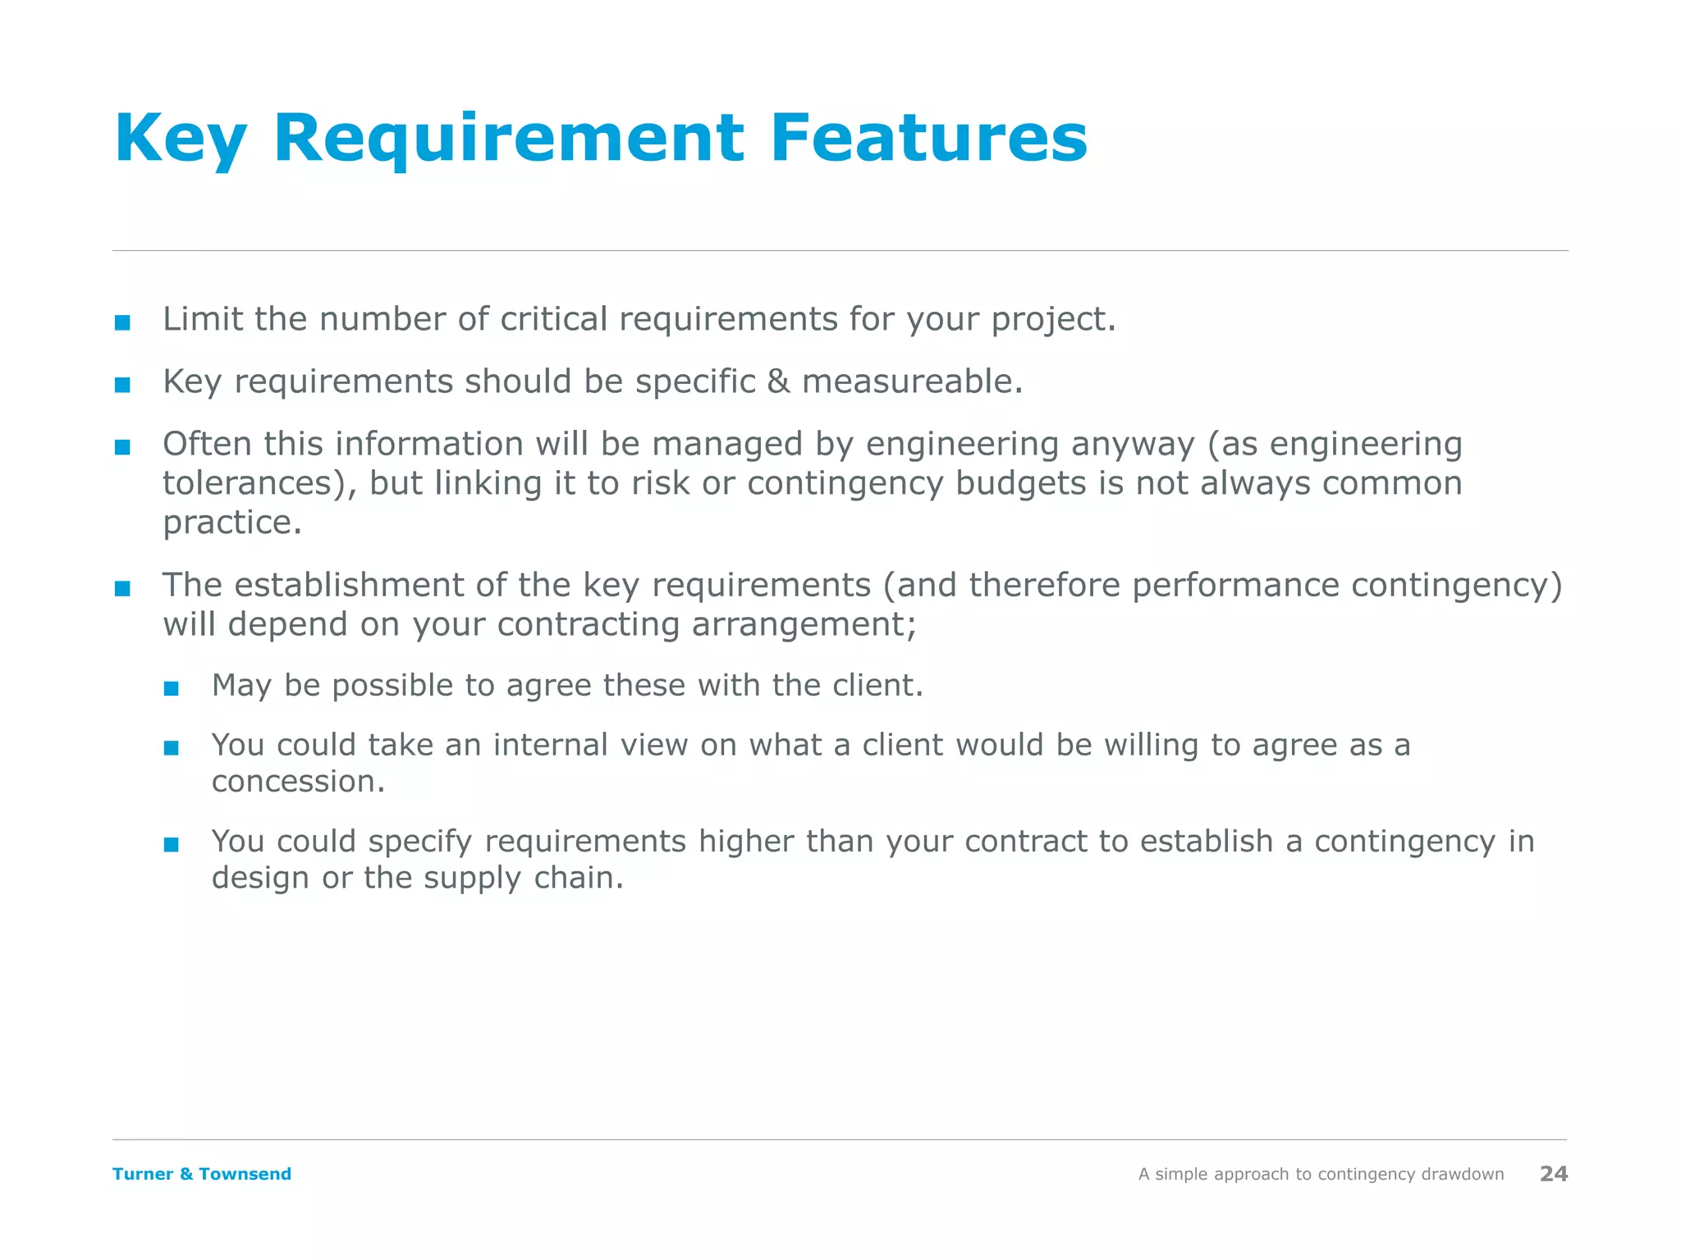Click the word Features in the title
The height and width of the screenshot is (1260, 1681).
(x=928, y=138)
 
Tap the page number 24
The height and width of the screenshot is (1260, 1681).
(x=1553, y=1174)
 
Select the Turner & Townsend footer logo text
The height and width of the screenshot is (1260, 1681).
(x=202, y=1174)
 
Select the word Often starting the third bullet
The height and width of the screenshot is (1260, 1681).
(x=207, y=444)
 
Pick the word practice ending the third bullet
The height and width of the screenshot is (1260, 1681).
(x=231, y=523)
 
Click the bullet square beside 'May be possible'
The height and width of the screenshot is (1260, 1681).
(x=172, y=688)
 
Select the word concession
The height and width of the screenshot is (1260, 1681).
(x=297, y=782)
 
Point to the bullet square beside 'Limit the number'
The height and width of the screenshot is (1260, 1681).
(x=122, y=322)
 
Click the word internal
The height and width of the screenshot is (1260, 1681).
(x=550, y=745)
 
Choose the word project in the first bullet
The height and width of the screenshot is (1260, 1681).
(x=1051, y=319)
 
